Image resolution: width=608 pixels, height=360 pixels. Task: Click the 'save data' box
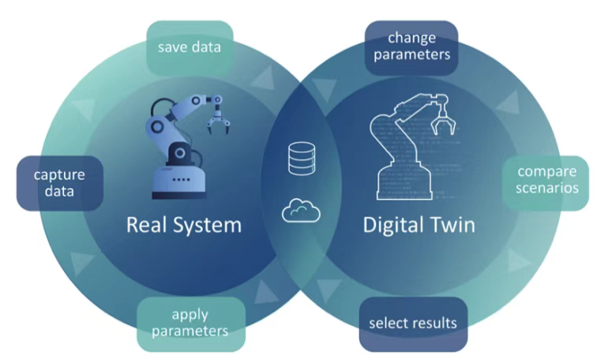pyautogui.click(x=190, y=47)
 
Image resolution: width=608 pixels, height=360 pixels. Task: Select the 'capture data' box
pyautogui.click(x=60, y=183)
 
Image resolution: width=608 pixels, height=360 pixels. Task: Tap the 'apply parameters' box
pyautogui.click(x=191, y=324)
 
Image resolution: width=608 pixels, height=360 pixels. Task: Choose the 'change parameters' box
pyautogui.click(x=411, y=47)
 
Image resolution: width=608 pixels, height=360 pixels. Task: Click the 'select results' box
pyautogui.click(x=413, y=324)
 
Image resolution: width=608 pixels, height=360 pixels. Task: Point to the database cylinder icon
pyautogui.click(x=302, y=158)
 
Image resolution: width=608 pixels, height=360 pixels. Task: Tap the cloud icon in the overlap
pyautogui.click(x=302, y=211)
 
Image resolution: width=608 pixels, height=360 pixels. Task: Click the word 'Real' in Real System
pyautogui.click(x=147, y=225)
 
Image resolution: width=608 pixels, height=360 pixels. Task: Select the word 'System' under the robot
pyautogui.click(x=208, y=226)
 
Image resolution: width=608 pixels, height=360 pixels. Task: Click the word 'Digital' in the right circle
pyautogui.click(x=392, y=225)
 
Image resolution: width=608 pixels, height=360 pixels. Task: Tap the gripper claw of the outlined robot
pyautogui.click(x=442, y=120)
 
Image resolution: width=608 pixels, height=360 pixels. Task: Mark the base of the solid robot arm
pyautogui.click(x=178, y=182)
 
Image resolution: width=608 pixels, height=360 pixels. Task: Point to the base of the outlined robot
pyautogui.click(x=404, y=182)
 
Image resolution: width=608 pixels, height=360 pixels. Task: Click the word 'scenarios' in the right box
pyautogui.click(x=547, y=188)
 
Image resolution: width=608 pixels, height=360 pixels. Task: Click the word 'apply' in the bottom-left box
pyautogui.click(x=190, y=315)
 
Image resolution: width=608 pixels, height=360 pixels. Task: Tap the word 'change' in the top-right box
pyautogui.click(x=412, y=39)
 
